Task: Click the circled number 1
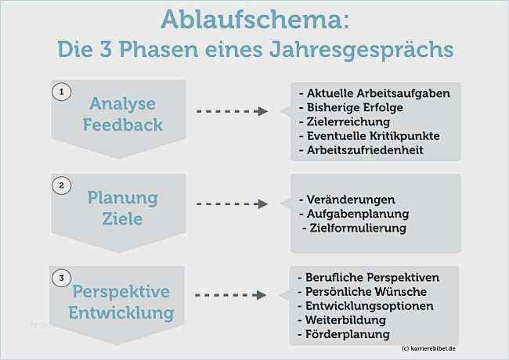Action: tap(61, 92)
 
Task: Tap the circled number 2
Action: tap(61, 185)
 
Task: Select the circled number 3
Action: tap(61, 278)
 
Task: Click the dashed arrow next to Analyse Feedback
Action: tap(232, 111)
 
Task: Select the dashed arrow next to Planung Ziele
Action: tap(232, 204)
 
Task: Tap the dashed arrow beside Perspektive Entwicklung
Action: tap(231, 295)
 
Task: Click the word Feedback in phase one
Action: tap(123, 125)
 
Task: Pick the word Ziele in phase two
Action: tap(122, 218)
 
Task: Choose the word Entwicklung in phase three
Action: tap(121, 313)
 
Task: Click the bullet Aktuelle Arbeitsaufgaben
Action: tap(374, 93)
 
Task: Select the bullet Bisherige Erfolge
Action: tap(351, 107)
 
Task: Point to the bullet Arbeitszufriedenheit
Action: tap(361, 150)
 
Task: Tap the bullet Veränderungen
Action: tap(347, 200)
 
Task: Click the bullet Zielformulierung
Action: tap(354, 228)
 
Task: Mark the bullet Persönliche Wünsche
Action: tap(362, 292)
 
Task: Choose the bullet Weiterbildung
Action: tap(342, 320)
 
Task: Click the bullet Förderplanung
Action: tap(344, 334)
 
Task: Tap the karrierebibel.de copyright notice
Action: tap(428, 348)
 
